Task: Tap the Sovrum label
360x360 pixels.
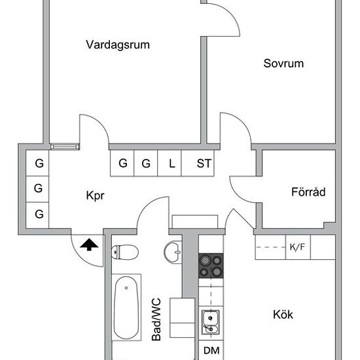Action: [284, 63]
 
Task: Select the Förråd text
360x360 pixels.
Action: [308, 192]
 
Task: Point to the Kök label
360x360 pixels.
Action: [283, 314]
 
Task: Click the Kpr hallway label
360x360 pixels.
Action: [95, 195]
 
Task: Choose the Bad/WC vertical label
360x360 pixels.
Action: [156, 319]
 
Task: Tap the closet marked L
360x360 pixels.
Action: [171, 164]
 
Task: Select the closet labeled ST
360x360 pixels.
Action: [204, 164]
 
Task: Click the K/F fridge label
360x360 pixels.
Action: [297, 247]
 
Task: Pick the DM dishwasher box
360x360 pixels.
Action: [211, 351]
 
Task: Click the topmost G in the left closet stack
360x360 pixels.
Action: [39, 164]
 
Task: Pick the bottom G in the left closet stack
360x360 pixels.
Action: [39, 213]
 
